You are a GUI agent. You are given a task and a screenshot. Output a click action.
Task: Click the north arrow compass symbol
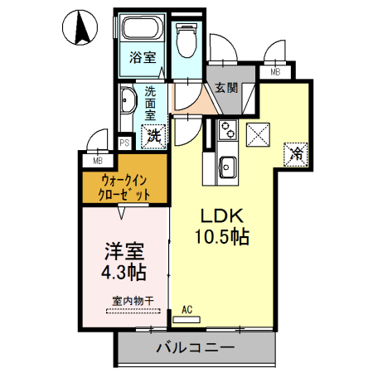point(80,27)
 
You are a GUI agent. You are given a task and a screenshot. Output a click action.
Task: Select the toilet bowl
point(186,41)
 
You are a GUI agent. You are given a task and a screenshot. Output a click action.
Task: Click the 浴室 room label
point(143,57)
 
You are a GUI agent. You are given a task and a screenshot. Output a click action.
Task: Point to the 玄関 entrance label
point(226,88)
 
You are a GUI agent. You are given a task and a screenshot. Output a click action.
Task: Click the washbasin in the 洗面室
point(128,100)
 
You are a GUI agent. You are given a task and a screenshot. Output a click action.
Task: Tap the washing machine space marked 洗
point(154,136)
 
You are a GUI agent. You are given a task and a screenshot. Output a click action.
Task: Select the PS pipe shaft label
point(124,143)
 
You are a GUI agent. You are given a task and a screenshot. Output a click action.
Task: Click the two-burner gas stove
point(227,129)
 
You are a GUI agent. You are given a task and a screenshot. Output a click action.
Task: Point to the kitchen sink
point(227,167)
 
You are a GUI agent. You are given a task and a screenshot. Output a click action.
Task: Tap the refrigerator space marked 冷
point(296,154)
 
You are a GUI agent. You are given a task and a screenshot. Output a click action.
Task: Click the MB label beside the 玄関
point(275,72)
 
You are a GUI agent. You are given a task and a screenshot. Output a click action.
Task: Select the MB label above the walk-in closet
point(98,160)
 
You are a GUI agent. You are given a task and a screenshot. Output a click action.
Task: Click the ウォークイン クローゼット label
point(124,188)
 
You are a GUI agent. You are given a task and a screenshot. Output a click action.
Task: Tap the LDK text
point(222,216)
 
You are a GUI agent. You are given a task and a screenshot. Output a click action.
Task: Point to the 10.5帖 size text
point(222,237)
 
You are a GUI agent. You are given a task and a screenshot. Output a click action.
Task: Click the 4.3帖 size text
point(124,273)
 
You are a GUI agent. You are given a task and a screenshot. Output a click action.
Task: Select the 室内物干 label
point(133,301)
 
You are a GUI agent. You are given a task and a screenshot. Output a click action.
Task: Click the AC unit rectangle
point(186,320)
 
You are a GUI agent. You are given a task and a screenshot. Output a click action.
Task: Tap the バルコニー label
point(196,347)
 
